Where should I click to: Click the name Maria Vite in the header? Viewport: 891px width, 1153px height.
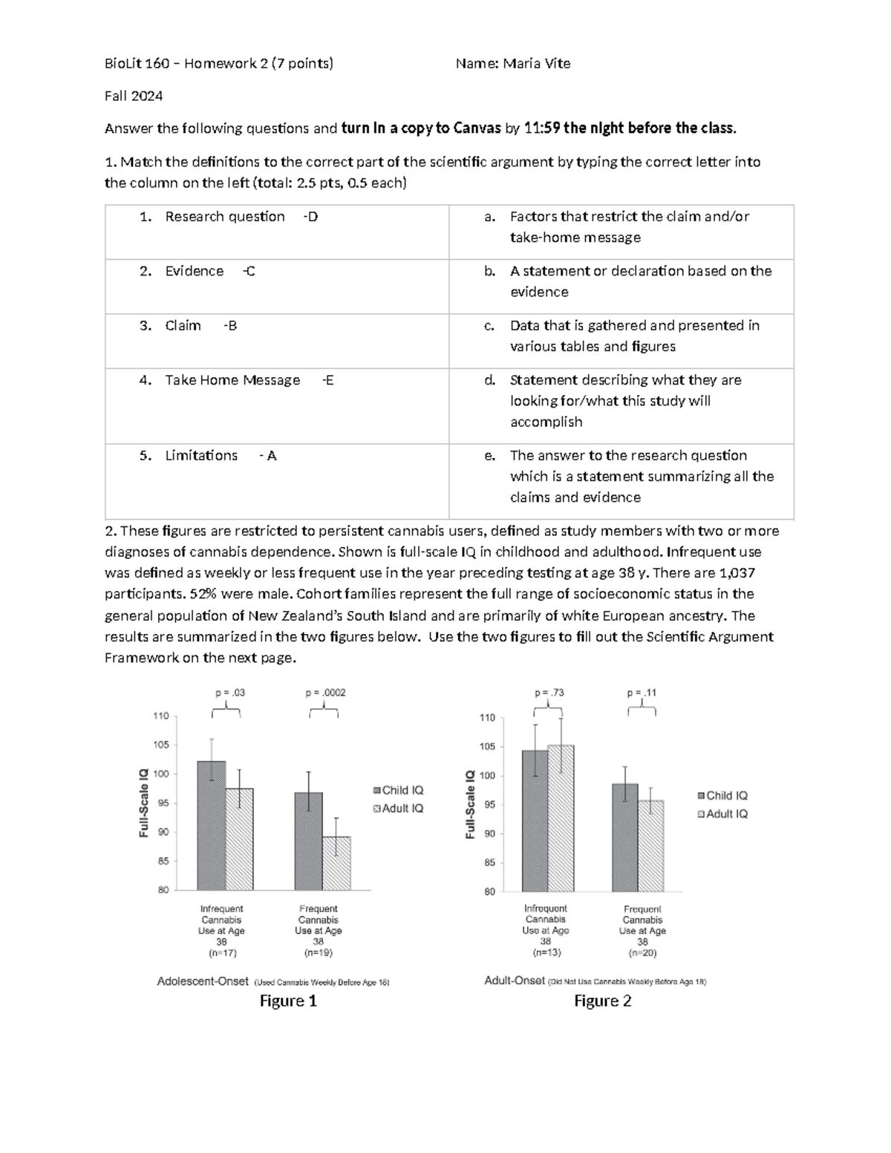coord(536,64)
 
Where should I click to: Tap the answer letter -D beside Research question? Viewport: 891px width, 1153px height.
coord(310,217)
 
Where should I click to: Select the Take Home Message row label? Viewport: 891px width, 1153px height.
coord(232,380)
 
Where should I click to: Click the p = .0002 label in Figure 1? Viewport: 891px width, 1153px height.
coord(325,693)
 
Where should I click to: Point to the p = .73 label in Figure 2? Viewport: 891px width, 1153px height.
coord(549,693)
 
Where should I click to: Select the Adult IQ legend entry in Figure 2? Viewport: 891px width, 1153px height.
coord(722,814)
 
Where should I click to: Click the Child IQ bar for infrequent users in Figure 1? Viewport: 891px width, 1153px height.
coord(212,826)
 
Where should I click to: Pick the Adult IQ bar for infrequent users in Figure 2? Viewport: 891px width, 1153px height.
coord(561,818)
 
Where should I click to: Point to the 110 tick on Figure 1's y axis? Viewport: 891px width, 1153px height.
coord(161,716)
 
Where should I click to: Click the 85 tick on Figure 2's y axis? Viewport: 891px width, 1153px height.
coord(489,863)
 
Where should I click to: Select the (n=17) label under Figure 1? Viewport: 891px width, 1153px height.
coord(221,953)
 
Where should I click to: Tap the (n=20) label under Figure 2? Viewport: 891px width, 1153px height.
coord(642,953)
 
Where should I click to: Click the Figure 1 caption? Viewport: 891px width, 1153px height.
coord(288,1001)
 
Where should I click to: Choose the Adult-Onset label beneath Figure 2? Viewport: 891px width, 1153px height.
coord(515,981)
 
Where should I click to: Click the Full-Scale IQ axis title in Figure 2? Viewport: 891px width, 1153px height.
coord(470,804)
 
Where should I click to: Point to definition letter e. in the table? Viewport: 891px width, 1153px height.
coord(489,456)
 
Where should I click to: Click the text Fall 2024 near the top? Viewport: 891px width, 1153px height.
coord(134,96)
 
